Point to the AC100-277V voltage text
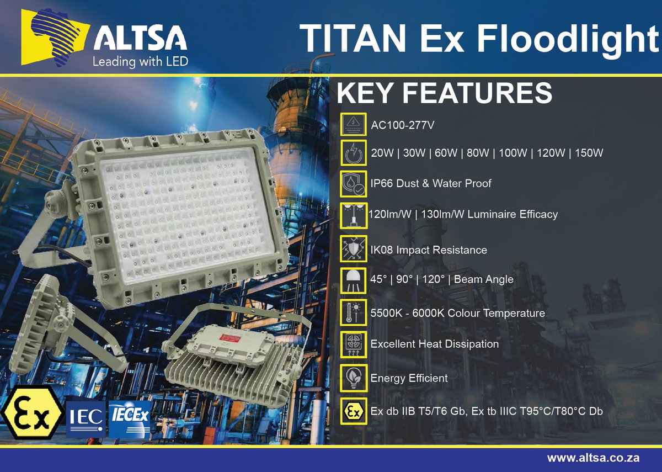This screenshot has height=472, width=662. pos(403,125)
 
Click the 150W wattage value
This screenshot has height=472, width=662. pos(589,153)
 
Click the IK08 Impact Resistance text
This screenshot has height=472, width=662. pos(429,250)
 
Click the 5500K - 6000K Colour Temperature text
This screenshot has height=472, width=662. pos(458,314)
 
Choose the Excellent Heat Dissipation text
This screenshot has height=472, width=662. pos(435,344)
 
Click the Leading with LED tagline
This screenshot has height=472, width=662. pos(140,61)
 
